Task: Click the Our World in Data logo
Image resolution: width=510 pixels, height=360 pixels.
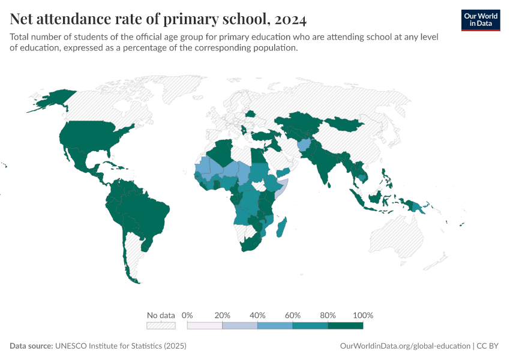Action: point(481,20)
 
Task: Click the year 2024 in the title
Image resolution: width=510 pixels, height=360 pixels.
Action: point(291,20)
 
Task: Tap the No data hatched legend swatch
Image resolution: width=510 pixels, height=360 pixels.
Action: point(161,325)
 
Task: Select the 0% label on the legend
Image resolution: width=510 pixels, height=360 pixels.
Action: point(187,315)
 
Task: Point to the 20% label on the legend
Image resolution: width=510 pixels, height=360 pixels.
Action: point(223,315)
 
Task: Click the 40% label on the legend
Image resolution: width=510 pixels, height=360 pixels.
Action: point(257,315)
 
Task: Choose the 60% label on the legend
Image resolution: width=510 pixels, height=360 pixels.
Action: point(293,315)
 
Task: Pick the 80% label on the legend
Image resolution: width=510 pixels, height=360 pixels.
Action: point(328,315)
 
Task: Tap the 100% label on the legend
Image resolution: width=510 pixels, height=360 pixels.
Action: point(363,315)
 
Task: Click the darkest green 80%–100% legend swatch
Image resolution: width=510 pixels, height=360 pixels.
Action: point(346,325)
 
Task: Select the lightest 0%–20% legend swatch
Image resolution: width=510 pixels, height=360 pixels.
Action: point(205,325)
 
